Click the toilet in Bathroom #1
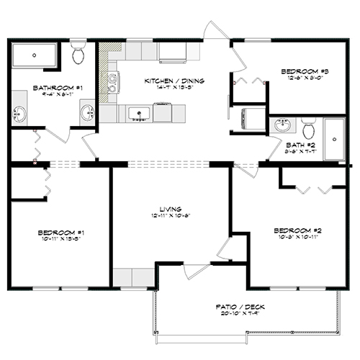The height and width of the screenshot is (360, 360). [x=79, y=54]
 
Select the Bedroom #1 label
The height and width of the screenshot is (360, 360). [x=51, y=233]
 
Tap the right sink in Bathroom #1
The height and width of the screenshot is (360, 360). [x=88, y=112]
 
